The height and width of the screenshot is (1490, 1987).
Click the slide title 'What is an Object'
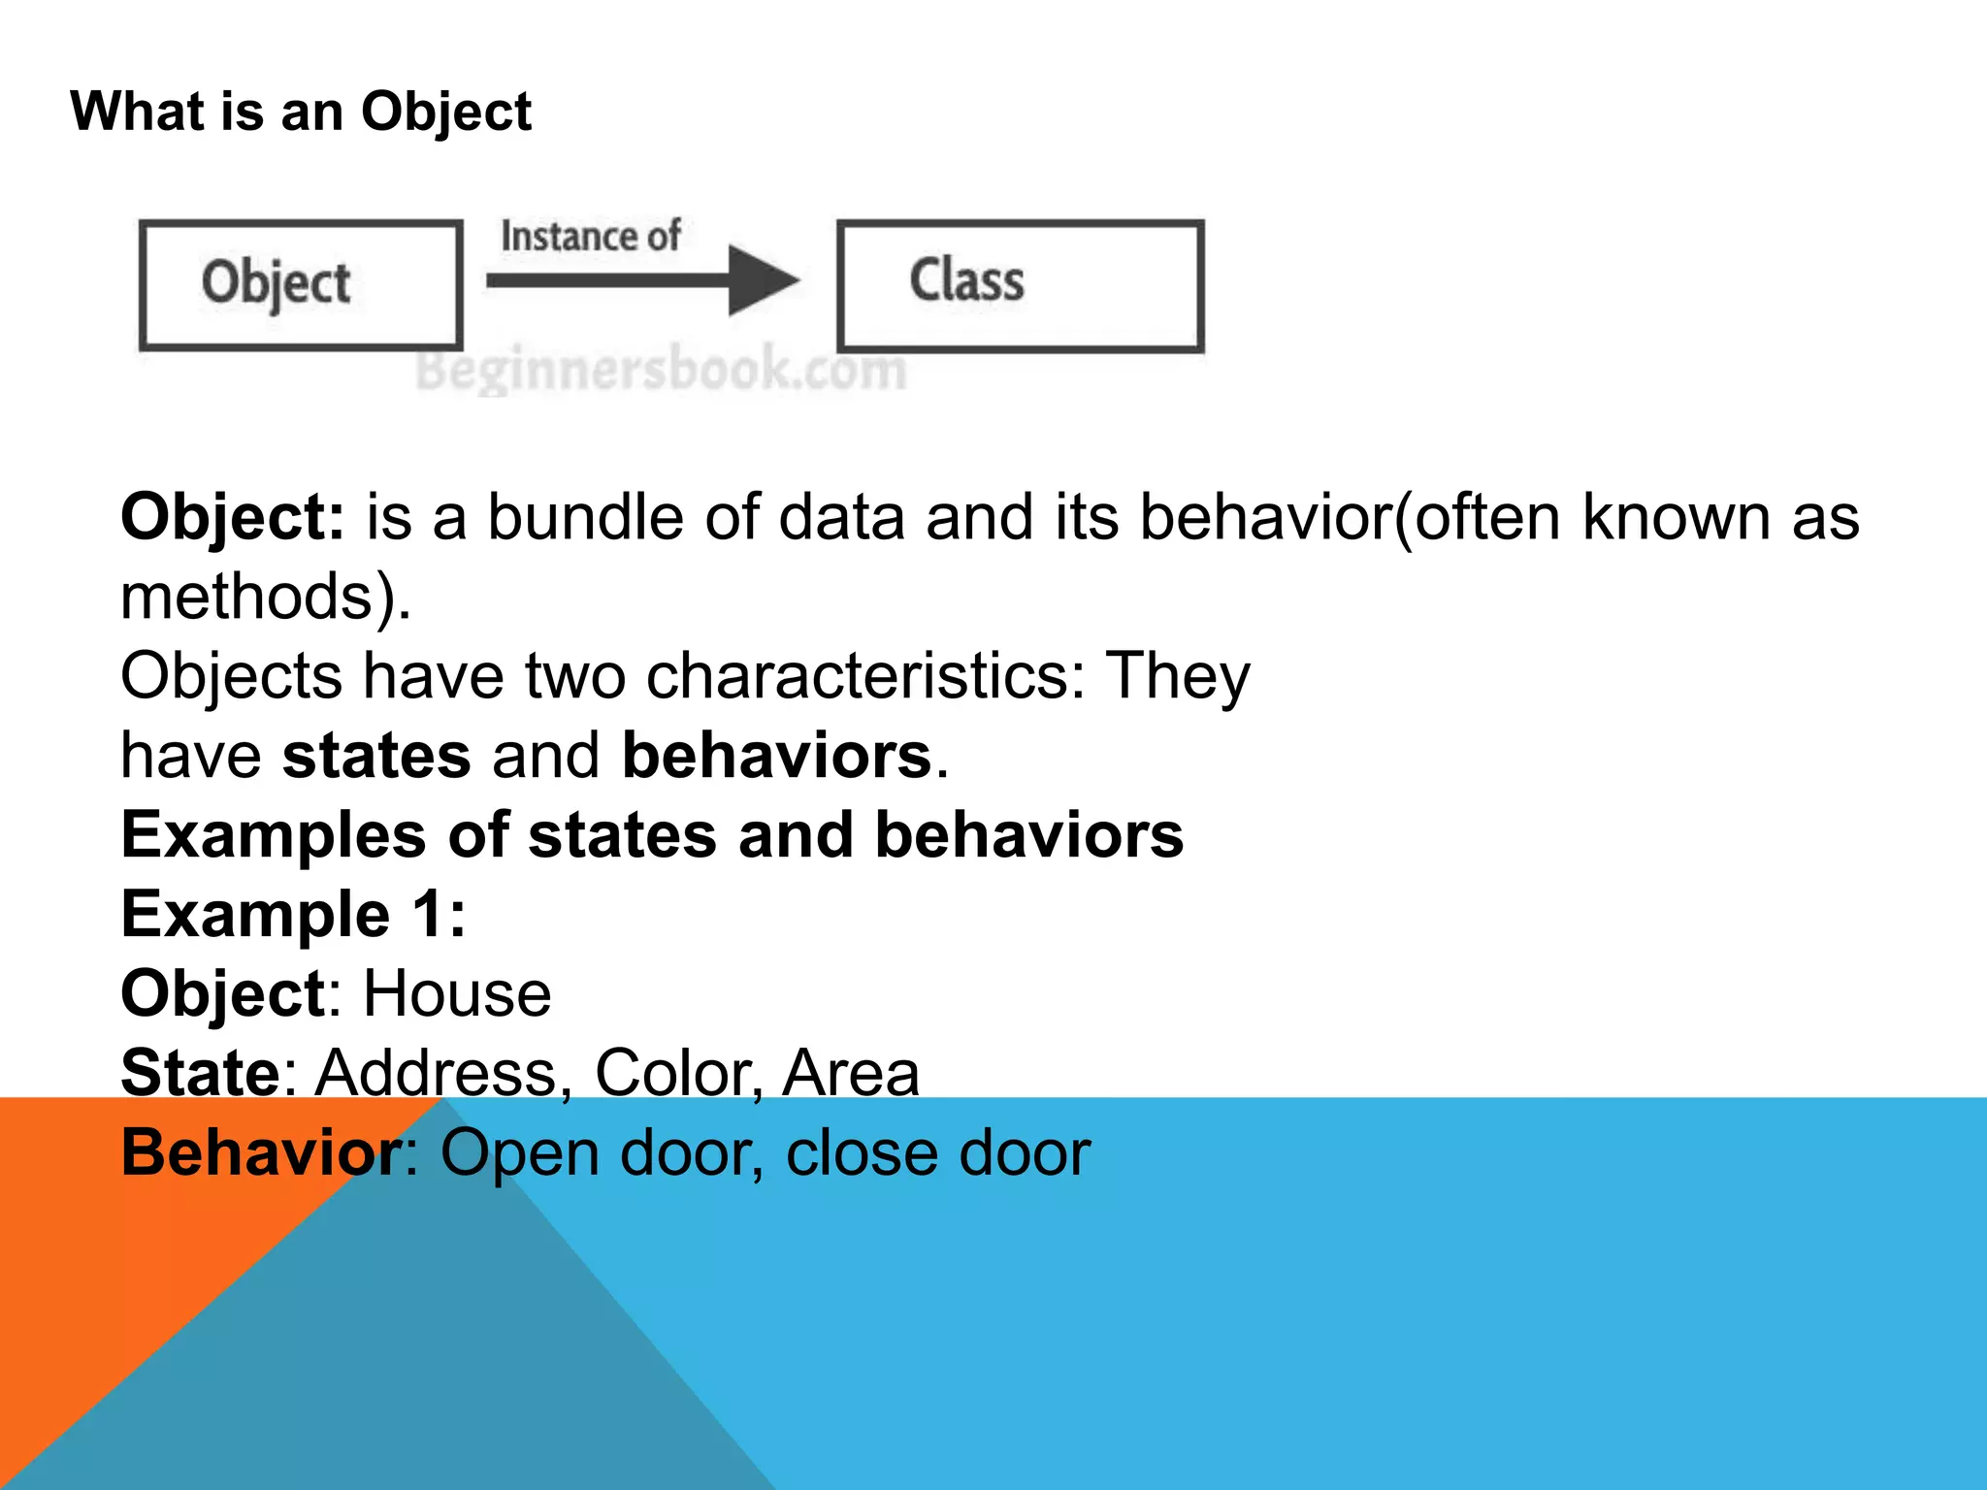[301, 112]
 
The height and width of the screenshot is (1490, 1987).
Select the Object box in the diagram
[301, 284]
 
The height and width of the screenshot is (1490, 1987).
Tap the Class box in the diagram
[1021, 284]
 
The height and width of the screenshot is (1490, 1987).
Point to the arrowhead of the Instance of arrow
[765, 280]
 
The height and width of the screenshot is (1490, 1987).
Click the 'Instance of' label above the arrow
[590, 237]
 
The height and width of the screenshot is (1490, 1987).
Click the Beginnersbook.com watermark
[661, 370]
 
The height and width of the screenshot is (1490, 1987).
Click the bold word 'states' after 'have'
[376, 756]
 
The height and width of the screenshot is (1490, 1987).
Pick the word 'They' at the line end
[1178, 676]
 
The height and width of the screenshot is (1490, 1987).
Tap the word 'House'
[457, 994]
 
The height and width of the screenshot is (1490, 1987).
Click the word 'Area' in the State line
[851, 1074]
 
